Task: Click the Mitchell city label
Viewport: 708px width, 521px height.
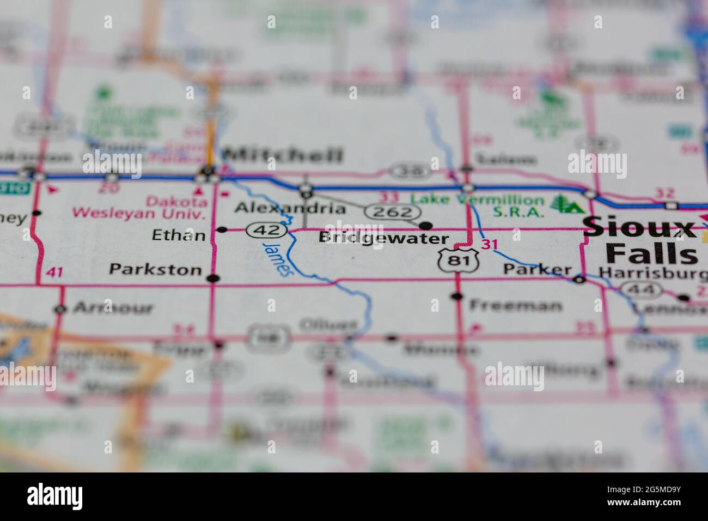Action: click(284, 155)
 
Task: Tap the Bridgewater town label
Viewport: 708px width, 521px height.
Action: click(383, 238)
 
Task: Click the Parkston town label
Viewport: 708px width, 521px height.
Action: click(155, 269)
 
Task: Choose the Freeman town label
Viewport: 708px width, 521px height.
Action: click(515, 305)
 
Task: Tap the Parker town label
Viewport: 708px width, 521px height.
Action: click(537, 269)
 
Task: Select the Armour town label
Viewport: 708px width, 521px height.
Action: click(113, 308)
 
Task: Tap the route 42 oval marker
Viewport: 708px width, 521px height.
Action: click(266, 231)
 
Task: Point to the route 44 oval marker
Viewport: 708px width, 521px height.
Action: click(642, 289)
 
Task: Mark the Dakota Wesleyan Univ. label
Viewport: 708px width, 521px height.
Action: click(139, 207)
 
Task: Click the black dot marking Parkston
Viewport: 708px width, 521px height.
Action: click(213, 278)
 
